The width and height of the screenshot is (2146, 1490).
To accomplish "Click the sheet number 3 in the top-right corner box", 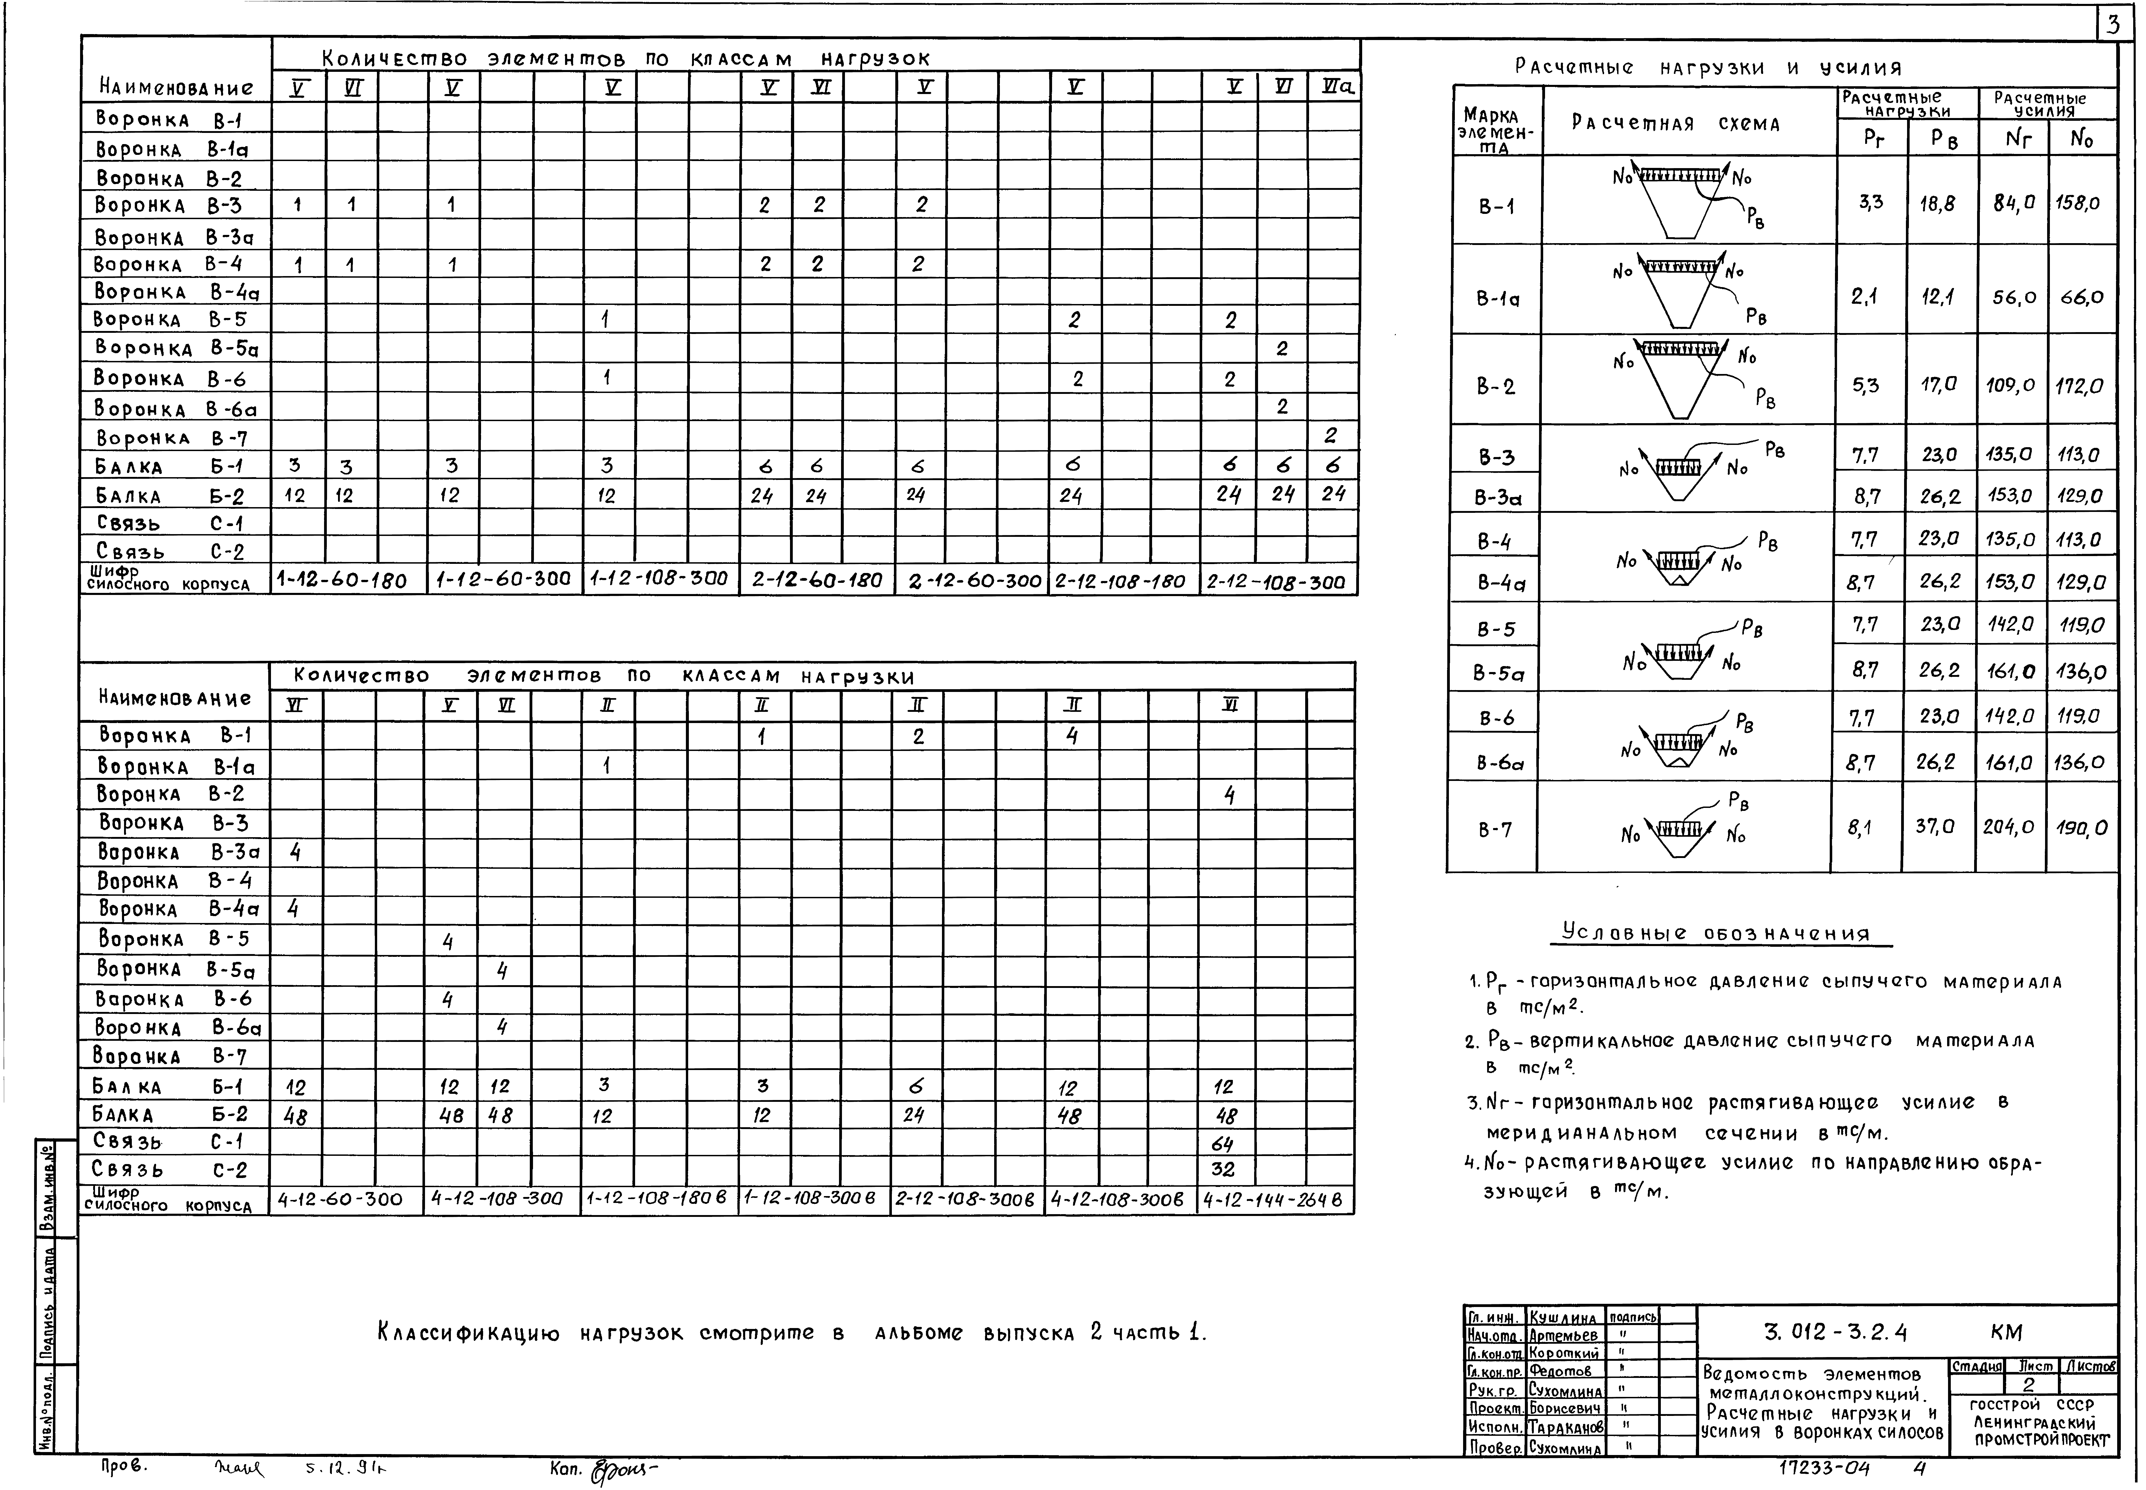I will [x=2114, y=25].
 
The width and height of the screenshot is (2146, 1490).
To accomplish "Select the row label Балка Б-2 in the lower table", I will [x=170, y=1115].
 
